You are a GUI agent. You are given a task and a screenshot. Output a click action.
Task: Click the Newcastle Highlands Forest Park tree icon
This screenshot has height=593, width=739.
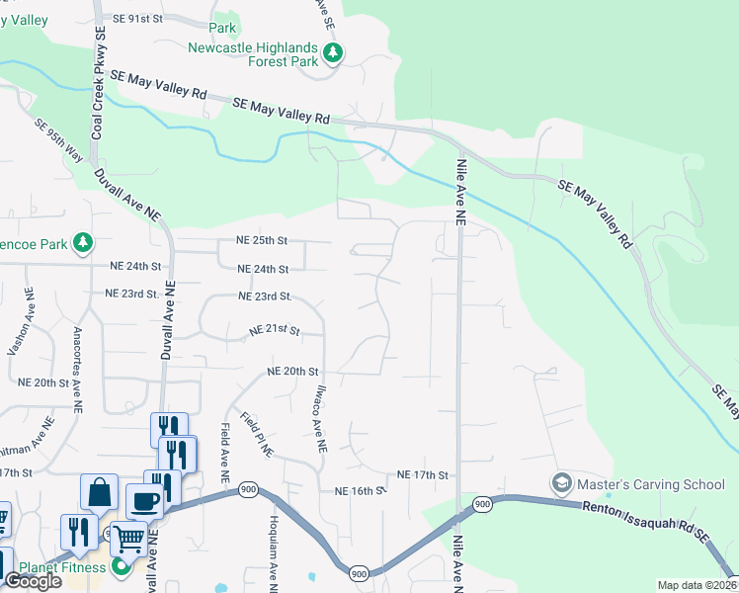point(334,53)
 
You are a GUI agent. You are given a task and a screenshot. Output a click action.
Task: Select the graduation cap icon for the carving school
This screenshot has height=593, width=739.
point(561,483)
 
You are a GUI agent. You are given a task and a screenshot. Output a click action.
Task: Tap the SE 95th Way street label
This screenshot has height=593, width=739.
point(58,144)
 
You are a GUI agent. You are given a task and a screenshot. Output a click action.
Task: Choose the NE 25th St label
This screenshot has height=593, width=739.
point(262,240)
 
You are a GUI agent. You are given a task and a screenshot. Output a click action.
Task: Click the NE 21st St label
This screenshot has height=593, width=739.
point(273,331)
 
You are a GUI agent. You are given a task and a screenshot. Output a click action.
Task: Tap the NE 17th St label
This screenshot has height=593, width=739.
point(423,475)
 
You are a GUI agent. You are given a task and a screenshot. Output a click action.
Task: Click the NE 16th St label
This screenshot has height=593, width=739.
point(359,490)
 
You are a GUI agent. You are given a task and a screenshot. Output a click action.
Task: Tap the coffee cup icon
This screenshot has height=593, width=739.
point(144,501)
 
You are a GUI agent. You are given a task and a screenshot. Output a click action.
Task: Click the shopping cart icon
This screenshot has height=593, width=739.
point(129,540)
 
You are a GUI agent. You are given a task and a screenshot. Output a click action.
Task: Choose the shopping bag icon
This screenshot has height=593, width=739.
point(100,492)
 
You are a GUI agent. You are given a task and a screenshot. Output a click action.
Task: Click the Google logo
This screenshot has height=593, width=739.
point(33,581)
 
